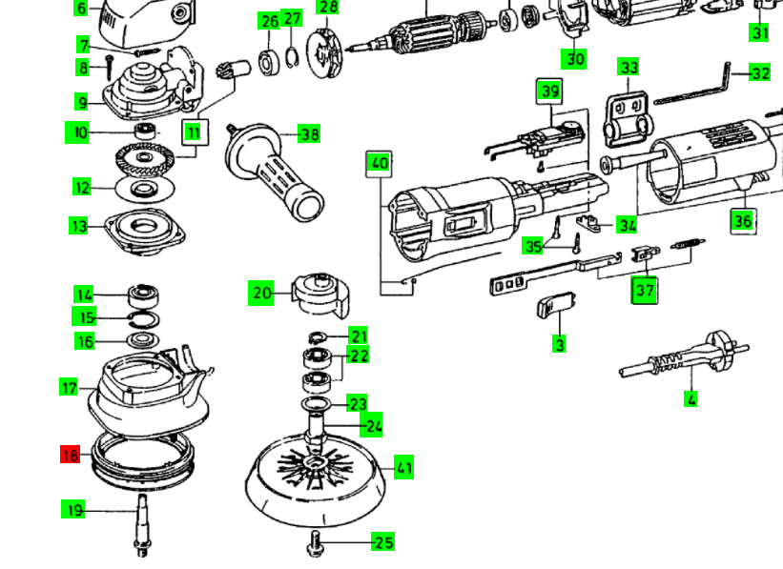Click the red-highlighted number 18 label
70,455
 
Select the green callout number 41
404,468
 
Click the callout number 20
261,294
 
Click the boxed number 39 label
549,91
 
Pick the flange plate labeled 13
142,227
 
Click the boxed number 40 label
380,163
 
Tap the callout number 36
742,221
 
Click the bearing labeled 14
144,294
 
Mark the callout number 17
70,387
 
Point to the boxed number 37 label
645,289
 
